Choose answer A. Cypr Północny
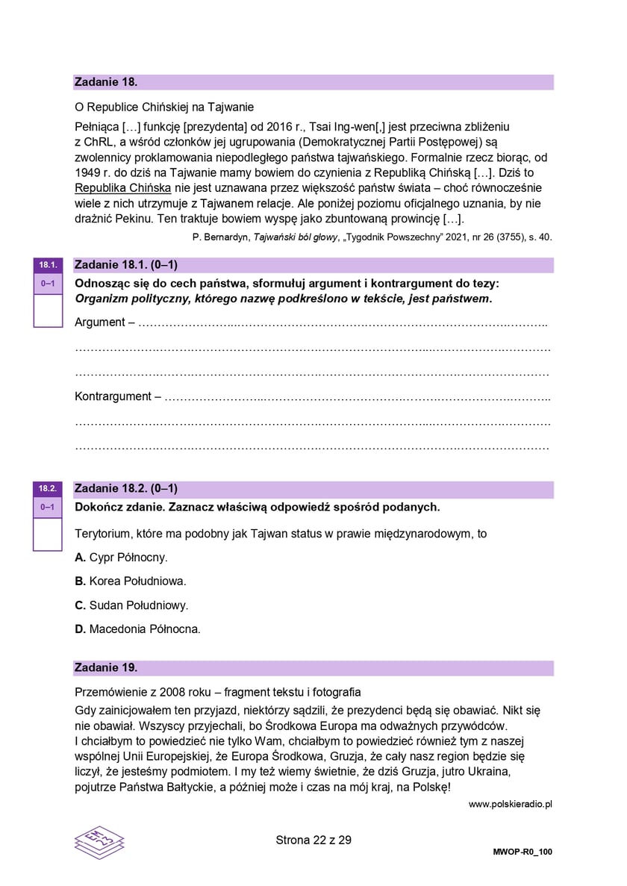click(121, 558)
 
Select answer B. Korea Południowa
click(131, 581)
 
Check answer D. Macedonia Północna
click(138, 629)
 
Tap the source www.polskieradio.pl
click(510, 804)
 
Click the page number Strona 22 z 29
click(313, 840)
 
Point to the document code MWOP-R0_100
click(522, 852)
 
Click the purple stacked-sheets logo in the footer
click(99, 842)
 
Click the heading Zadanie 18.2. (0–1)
click(126, 489)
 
